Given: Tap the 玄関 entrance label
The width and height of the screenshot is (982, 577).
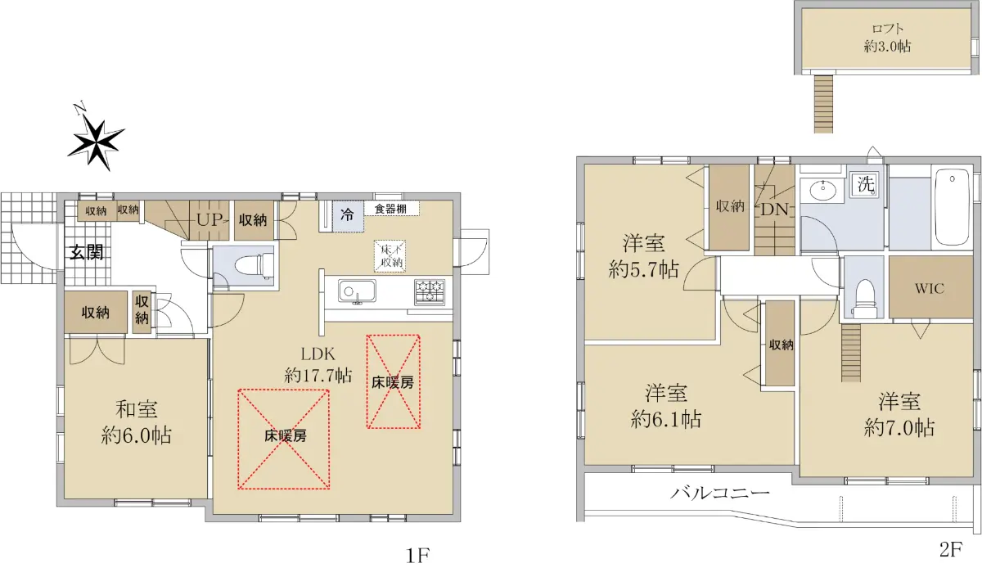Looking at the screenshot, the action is (87, 253).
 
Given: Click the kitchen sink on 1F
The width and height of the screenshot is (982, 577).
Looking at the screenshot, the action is (357, 291).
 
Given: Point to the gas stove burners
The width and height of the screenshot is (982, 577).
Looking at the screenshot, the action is (430, 292).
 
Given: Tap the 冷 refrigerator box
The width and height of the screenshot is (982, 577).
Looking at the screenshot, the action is (348, 216).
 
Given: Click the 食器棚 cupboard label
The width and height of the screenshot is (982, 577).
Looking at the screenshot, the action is (390, 209).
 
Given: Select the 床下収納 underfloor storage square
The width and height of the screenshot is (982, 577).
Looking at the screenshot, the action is (390, 255).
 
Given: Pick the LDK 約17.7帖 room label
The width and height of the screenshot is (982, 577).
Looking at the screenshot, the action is (318, 365).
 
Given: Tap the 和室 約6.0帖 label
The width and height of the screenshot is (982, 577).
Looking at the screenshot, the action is (136, 422).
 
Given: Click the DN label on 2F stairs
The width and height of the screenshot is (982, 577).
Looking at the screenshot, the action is (775, 210).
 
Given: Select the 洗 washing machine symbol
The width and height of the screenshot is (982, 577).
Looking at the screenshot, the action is (866, 184).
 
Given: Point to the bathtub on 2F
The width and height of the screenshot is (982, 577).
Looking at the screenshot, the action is (952, 208).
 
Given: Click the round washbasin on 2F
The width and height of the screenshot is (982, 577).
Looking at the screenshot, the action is (823, 191).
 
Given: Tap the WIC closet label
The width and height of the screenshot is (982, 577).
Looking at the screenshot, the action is (929, 288).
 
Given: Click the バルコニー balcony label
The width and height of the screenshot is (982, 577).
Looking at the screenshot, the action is (720, 494).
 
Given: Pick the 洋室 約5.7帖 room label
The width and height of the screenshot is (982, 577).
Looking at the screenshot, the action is (643, 256).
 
